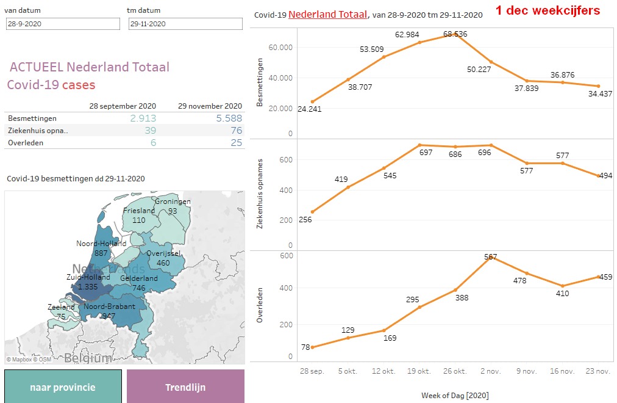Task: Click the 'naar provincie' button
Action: coord(63,387)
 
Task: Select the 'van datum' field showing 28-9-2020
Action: coord(63,24)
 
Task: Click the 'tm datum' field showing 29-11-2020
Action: coord(185,24)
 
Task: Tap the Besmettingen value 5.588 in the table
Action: coord(229,118)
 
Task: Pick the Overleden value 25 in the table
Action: coord(236,142)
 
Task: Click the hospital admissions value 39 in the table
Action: coord(150,131)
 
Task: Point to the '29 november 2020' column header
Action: coord(210,106)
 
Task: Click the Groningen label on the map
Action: coord(173,202)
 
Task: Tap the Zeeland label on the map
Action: coord(60,307)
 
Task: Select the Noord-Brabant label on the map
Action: coord(110,307)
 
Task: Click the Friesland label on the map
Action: coord(139,211)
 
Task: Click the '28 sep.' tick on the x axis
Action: coord(312,371)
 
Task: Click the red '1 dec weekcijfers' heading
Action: coord(547,10)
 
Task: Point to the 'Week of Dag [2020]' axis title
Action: coord(455,395)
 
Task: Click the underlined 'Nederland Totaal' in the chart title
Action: coord(328,14)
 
